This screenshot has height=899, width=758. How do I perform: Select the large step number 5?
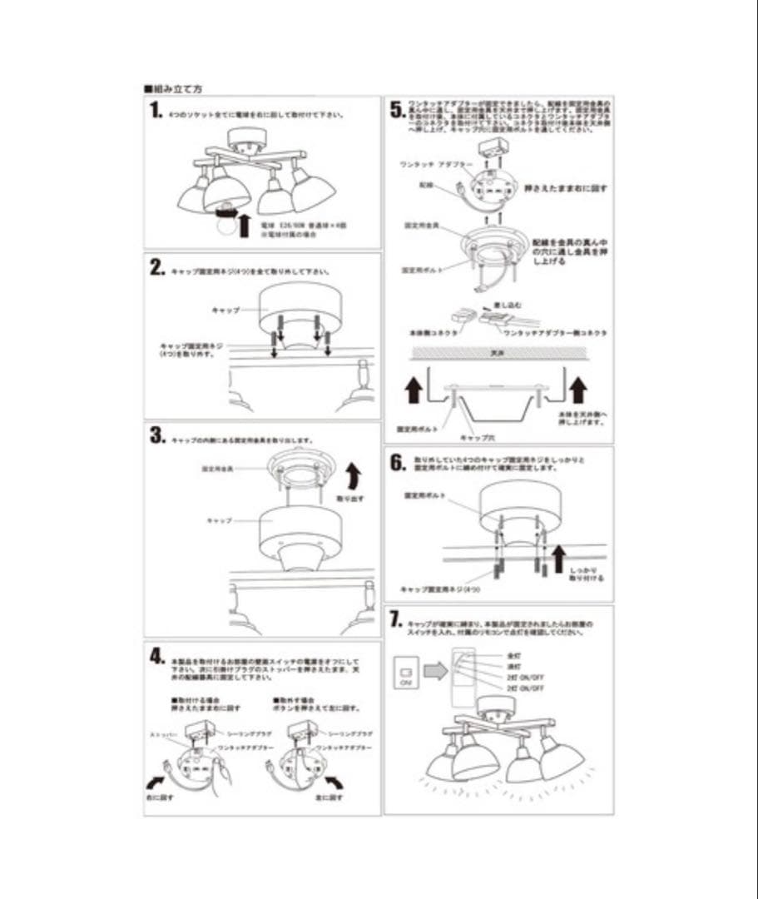tap(398, 109)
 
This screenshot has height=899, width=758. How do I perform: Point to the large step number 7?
tap(398, 619)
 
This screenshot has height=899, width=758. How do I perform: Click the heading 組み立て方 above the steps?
tap(174, 87)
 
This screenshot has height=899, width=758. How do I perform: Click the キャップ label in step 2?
tap(225, 310)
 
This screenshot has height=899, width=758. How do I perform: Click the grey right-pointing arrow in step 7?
tap(436, 670)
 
